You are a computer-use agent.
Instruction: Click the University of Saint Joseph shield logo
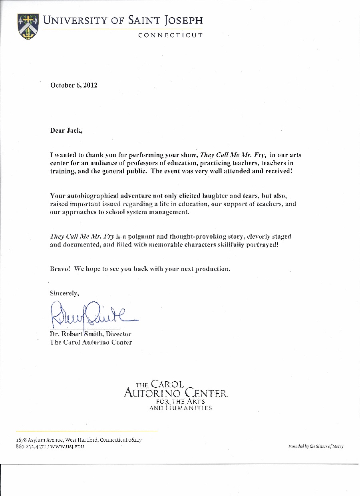(28, 26)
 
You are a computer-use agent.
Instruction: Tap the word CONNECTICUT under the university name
(171, 35)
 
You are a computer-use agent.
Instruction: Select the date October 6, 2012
(74, 85)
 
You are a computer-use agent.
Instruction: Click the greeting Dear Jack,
(66, 130)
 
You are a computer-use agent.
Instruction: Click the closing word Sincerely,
(64, 293)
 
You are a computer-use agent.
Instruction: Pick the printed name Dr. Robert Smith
(77, 334)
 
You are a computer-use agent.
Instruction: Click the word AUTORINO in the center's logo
(152, 393)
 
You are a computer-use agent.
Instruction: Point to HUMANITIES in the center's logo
(188, 408)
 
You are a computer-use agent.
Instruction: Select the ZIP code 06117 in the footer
(135, 440)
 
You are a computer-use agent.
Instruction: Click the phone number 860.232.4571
(31, 446)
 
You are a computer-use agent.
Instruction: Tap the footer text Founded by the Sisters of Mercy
(316, 446)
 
